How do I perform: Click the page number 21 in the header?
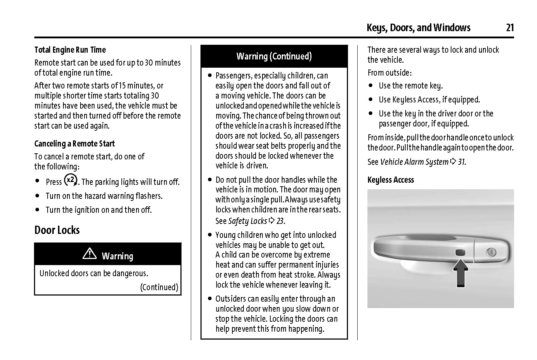point(510,28)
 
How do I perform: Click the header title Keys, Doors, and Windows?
point(419,28)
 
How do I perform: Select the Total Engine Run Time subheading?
point(70,50)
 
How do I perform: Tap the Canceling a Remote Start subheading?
point(74,144)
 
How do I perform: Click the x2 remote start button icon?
point(71,180)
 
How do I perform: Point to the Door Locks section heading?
point(57,230)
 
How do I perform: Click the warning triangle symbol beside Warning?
point(89,254)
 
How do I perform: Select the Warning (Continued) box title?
point(274,56)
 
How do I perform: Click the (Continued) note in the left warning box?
point(159,287)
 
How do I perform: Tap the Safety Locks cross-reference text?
point(248,221)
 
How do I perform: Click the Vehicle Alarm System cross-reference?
point(414,162)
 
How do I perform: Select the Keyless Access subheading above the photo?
point(391,180)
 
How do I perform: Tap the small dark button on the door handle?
point(460,253)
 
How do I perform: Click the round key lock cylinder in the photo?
point(491,253)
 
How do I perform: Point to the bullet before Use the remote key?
point(371,86)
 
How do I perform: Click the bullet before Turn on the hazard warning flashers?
point(38,196)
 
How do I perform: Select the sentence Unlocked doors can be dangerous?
point(94,273)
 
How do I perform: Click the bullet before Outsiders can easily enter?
point(210,299)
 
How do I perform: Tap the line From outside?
point(390,73)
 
